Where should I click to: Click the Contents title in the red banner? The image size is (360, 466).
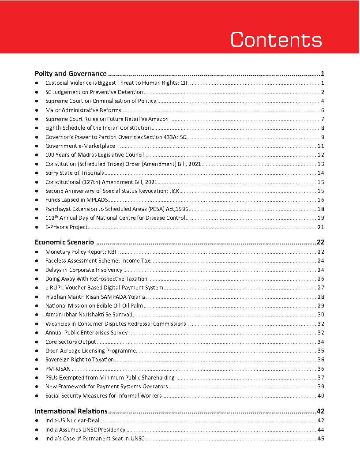click(x=276, y=40)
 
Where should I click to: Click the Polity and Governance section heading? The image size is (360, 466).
click(x=71, y=74)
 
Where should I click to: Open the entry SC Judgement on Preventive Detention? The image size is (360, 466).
click(x=94, y=92)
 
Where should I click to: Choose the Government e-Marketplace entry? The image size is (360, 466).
click(x=80, y=146)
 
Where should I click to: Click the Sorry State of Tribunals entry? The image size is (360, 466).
click(x=75, y=173)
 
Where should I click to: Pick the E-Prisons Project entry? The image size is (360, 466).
click(x=66, y=227)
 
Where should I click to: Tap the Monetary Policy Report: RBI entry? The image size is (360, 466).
click(x=80, y=252)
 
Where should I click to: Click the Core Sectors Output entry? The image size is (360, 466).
click(x=71, y=342)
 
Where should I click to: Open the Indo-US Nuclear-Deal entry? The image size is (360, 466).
click(x=72, y=421)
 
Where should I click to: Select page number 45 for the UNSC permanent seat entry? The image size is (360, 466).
click(x=321, y=439)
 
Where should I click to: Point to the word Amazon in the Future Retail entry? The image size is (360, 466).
click(x=158, y=119)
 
